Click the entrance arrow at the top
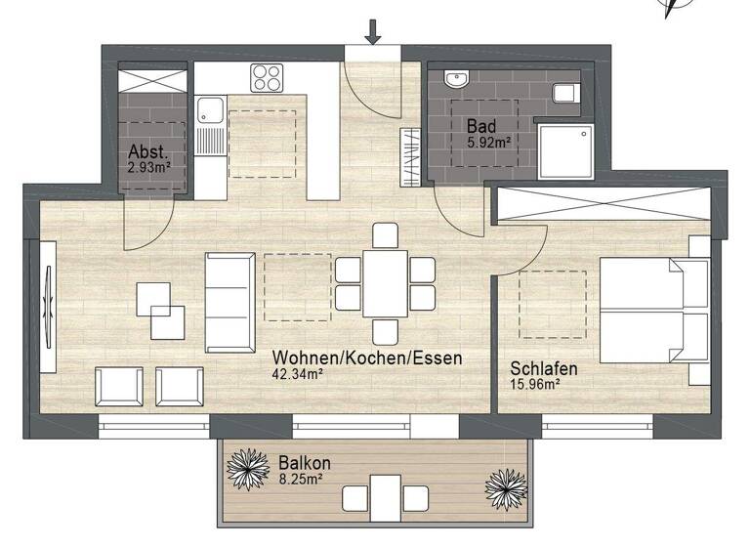pos(372,31)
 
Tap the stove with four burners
pos(266,77)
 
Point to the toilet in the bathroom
pos(565,93)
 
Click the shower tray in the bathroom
pos(567,151)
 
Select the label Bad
pos(480,127)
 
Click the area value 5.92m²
pos(488,142)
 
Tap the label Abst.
pos(148,152)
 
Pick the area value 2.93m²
pos(149,166)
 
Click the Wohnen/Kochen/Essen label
pos(367,358)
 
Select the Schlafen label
pos(543,369)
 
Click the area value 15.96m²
pos(535,384)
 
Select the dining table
pos(386,283)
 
